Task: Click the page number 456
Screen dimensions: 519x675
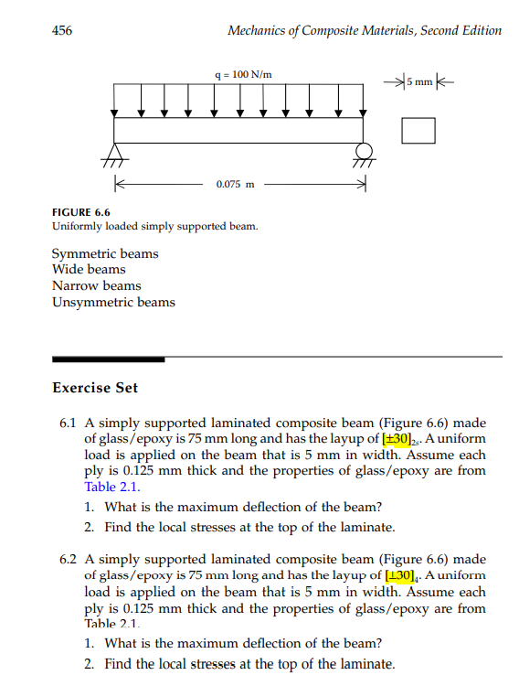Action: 63,30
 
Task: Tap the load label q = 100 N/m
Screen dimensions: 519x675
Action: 240,73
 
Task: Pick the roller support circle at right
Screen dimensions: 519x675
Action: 363,150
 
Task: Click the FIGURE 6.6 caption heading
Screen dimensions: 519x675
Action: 80,211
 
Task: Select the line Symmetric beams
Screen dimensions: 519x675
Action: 105,253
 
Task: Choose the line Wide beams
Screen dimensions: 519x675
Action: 90,270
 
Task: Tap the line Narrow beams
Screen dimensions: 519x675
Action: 97,286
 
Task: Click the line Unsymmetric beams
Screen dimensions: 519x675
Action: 113,303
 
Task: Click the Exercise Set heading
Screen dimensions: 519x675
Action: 95,388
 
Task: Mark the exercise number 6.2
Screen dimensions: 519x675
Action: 66,559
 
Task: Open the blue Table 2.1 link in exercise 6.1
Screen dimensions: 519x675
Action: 107,487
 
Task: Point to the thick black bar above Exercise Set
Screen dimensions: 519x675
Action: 108,359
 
